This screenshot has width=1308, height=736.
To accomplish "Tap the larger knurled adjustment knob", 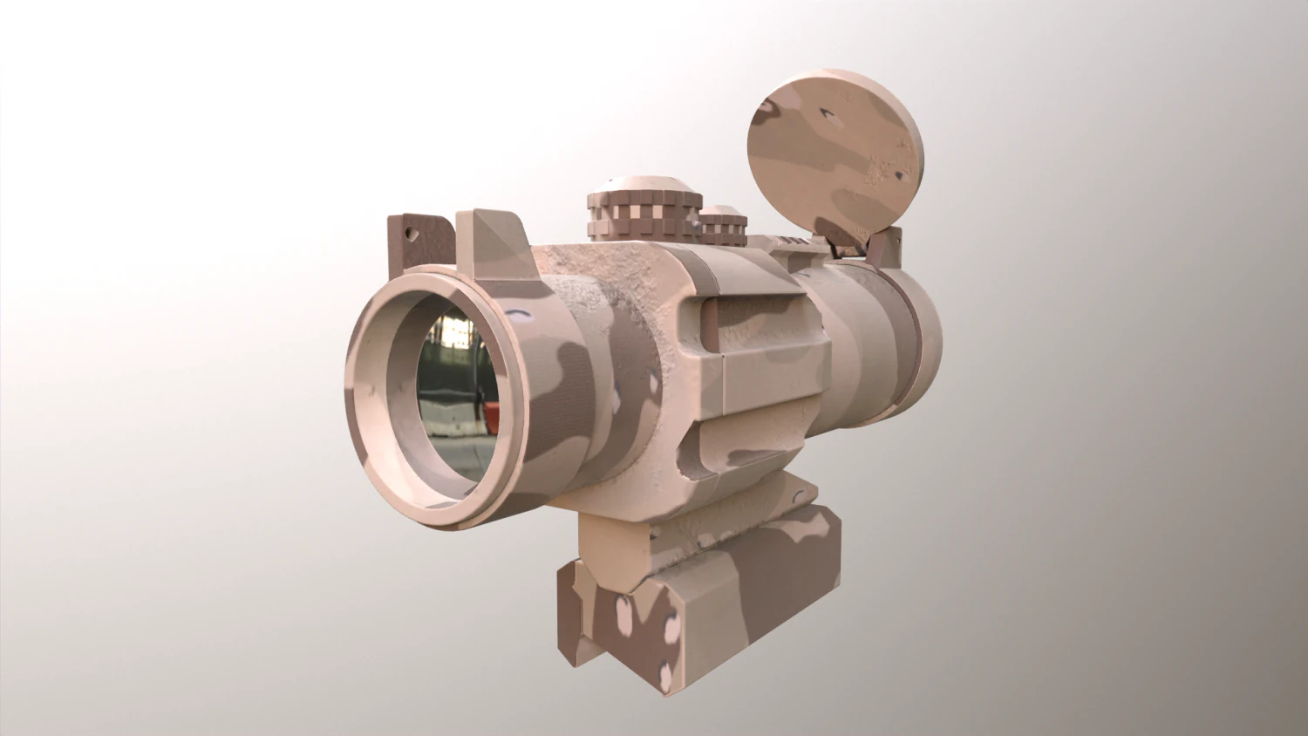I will pyautogui.click(x=644, y=219).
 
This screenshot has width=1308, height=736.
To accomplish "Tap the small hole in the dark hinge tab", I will pyautogui.click(x=411, y=233).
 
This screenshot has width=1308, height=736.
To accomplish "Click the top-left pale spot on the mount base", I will pyautogui.click(x=623, y=607).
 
